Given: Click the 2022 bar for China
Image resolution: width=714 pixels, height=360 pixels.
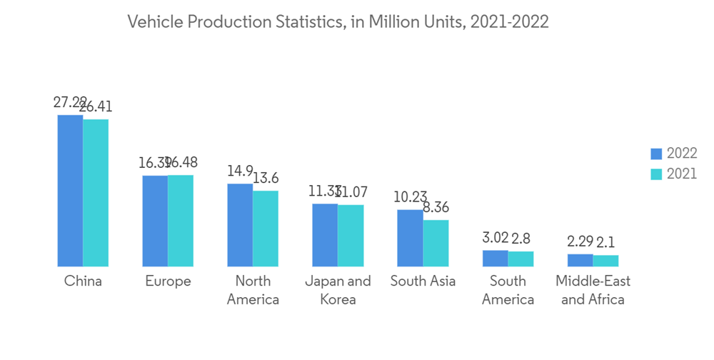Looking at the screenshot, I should point(70,190).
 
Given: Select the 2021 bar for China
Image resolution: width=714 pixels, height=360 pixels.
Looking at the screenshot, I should point(96,192).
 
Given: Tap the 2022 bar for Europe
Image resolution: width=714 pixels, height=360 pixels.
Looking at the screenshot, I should point(155,220).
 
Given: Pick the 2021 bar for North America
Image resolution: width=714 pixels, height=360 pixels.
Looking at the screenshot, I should point(266,228).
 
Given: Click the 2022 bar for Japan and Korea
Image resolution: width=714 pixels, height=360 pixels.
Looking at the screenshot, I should point(325,234).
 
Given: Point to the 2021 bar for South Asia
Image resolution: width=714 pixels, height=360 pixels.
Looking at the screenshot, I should point(436,243).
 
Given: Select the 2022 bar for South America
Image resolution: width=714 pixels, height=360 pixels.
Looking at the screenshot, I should point(495,258).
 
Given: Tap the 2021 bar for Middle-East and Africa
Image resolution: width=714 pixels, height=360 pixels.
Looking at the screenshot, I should point(605,260).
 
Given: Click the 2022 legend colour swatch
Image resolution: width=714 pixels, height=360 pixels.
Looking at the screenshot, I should point(656,154).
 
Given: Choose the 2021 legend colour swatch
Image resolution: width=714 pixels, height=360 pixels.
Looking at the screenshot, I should point(656,174).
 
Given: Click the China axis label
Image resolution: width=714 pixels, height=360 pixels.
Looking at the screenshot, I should point(83,281).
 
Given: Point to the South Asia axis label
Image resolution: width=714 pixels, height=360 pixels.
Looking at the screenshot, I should point(423,281).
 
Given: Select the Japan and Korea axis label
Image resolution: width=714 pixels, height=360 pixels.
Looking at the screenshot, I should point(338,290).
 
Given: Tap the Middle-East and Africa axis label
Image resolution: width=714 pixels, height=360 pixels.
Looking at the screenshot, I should point(593,290).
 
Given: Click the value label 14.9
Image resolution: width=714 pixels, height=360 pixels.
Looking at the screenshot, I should point(240,171).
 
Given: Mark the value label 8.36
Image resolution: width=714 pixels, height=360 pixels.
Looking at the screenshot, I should point(436,208).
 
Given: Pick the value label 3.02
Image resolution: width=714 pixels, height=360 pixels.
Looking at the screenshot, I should point(495,239).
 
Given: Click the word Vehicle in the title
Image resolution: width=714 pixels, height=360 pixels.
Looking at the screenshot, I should point(152,22).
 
